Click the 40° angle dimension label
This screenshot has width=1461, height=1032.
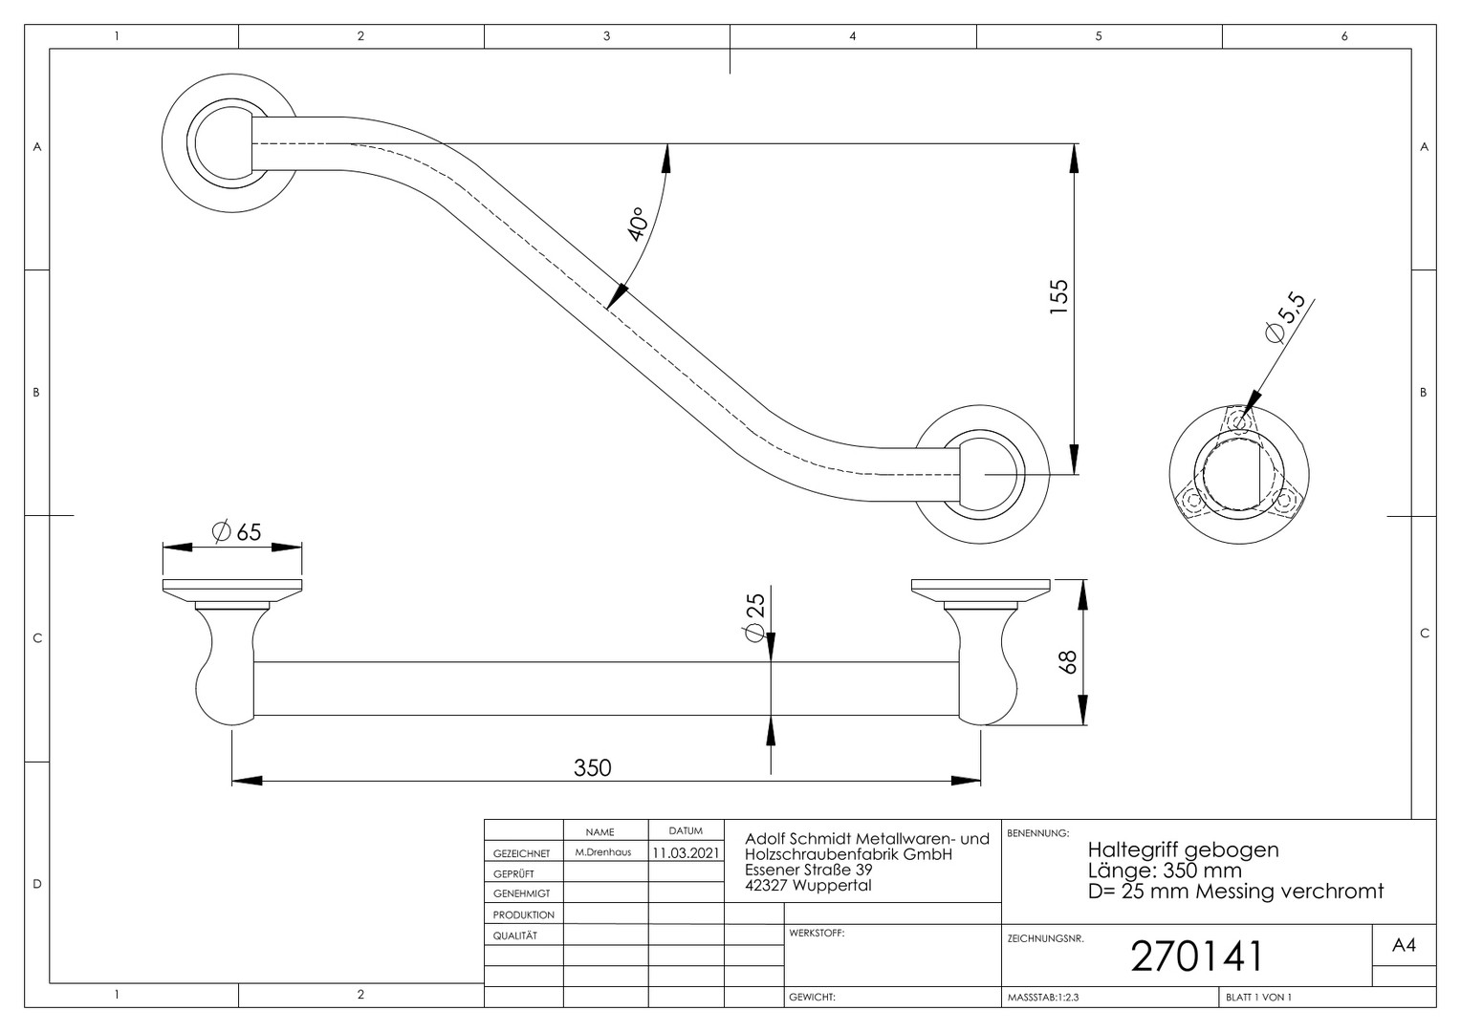637,225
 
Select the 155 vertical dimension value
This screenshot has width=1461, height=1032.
1059,296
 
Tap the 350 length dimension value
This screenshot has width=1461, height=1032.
592,768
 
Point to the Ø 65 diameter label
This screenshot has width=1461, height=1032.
237,532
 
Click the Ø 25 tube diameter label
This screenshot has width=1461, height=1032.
754,617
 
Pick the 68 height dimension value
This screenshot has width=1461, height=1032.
1067,662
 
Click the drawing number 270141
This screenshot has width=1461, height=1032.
1197,957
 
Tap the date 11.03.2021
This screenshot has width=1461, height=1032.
686,852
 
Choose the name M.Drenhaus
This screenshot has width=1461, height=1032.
603,852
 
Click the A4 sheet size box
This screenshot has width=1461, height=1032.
1404,945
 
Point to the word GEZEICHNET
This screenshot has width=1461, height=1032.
521,853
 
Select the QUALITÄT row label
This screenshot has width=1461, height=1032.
515,935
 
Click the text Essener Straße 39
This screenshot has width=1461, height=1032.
808,870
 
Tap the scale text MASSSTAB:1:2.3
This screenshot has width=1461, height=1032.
1043,998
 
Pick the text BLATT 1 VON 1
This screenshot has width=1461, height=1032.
1258,998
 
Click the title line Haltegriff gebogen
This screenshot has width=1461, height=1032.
1183,849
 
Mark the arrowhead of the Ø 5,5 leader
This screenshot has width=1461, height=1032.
1251,403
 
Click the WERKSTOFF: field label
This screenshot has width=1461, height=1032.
817,933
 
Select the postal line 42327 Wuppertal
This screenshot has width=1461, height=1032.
808,885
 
